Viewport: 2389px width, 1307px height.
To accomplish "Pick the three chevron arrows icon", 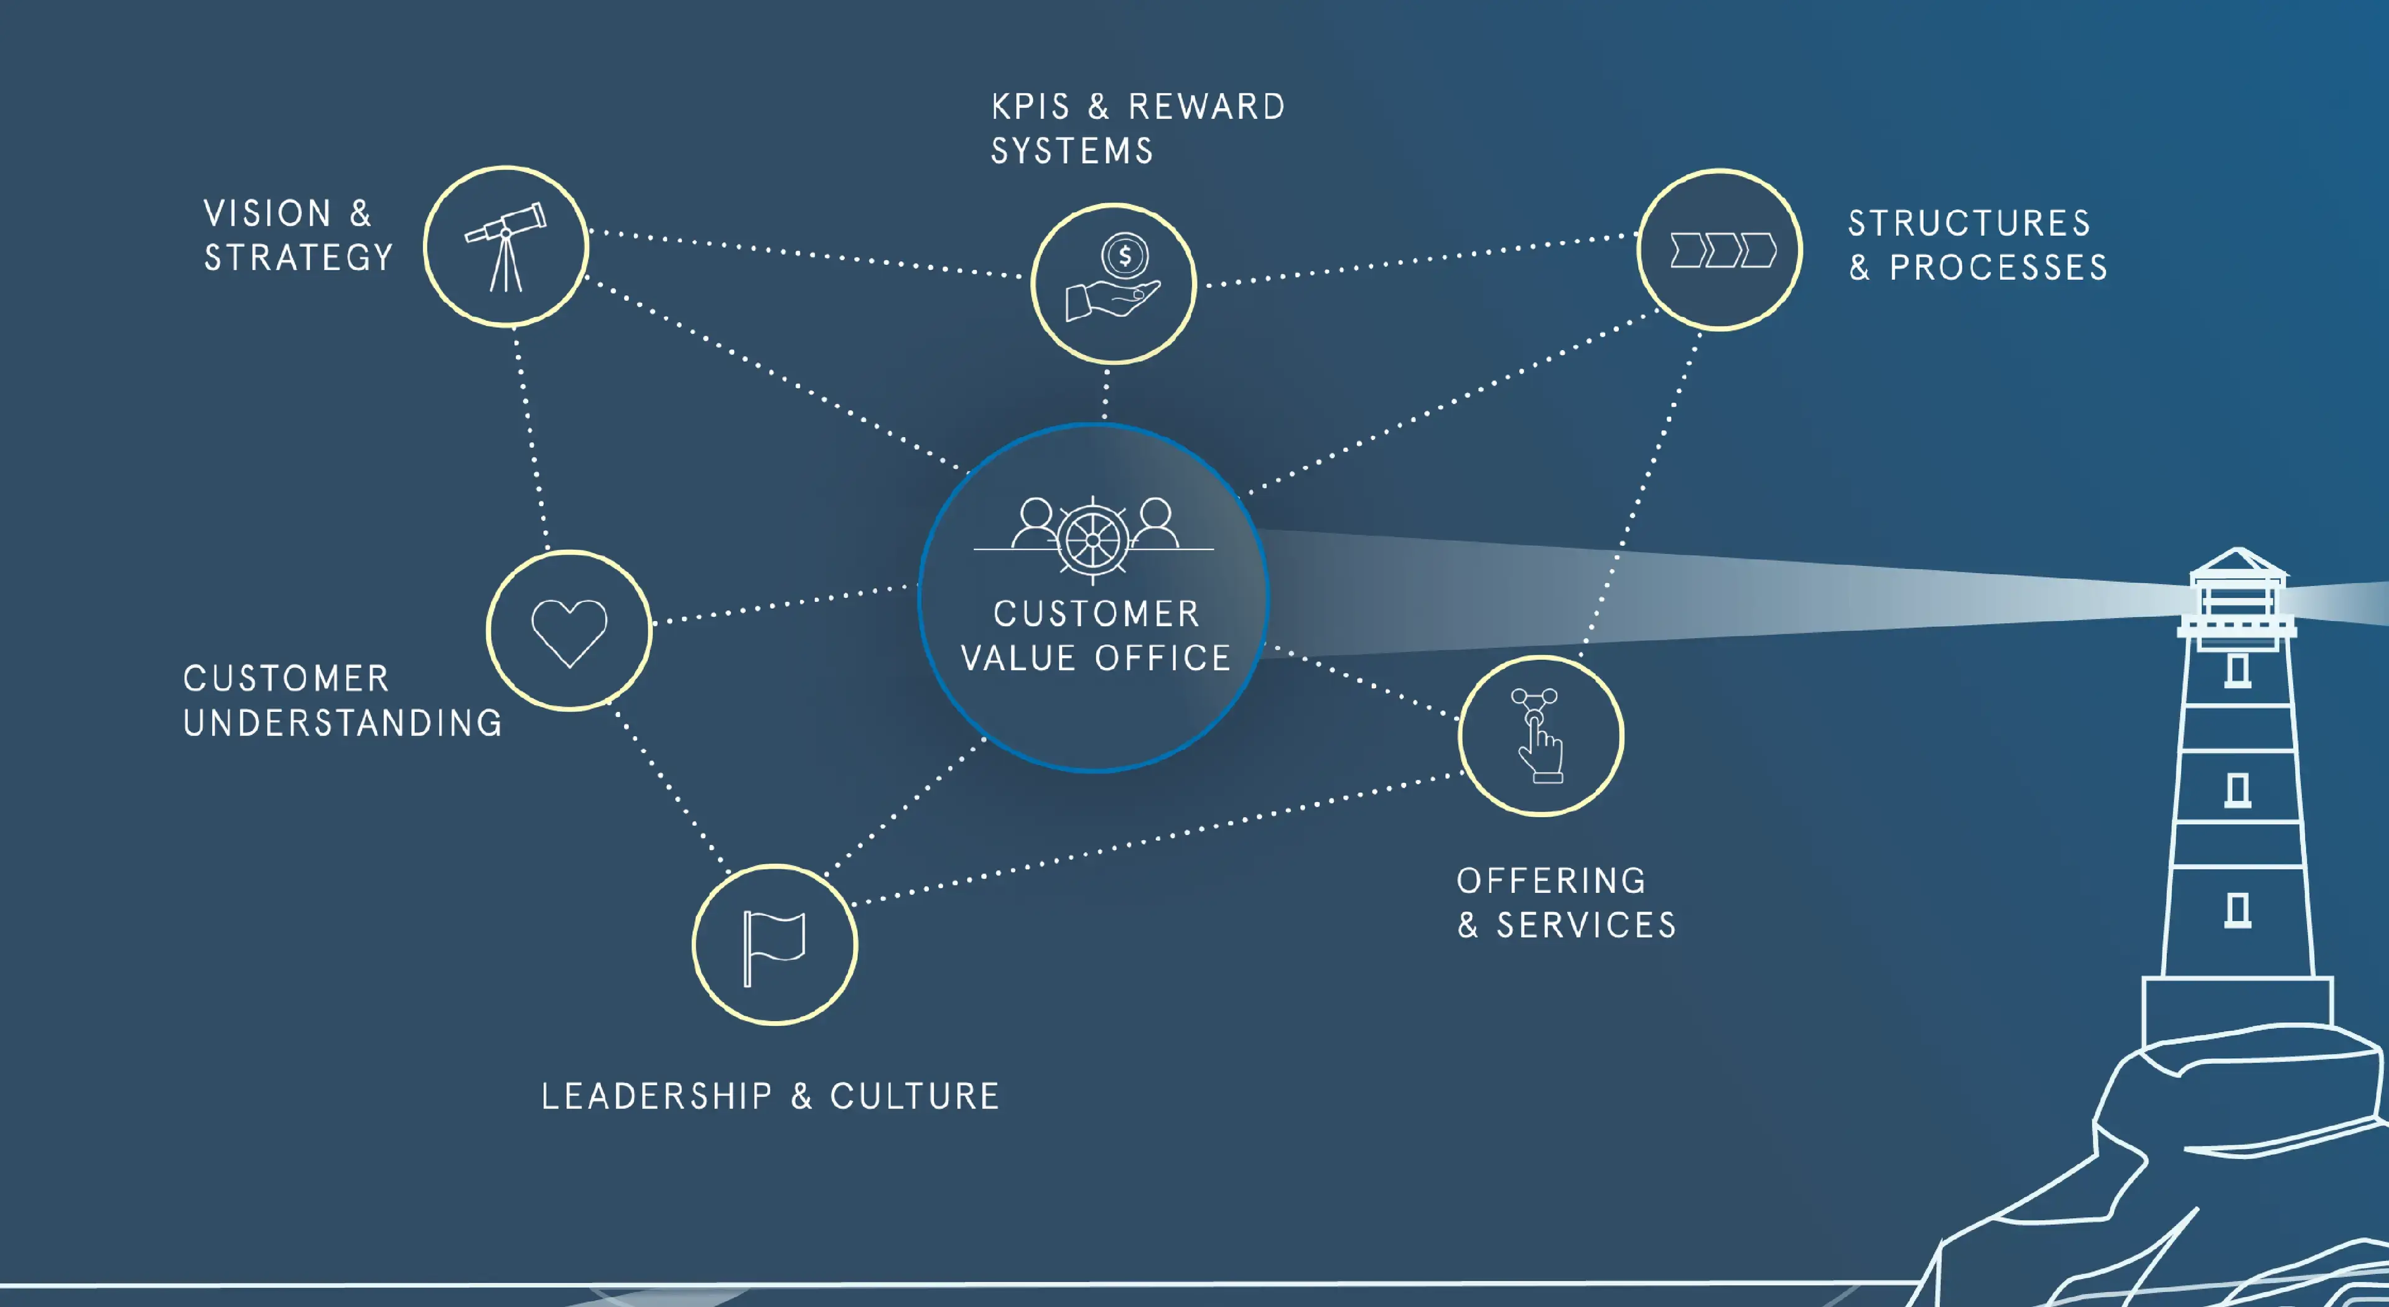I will (x=1722, y=251).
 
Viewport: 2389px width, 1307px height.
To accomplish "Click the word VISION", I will (x=268, y=214).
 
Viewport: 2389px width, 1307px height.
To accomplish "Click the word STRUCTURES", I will (x=1970, y=223).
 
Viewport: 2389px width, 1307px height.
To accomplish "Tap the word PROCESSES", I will (x=1998, y=268).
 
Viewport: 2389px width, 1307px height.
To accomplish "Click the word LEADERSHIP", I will (x=656, y=1097).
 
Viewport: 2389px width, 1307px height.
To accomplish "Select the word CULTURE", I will (x=915, y=1097).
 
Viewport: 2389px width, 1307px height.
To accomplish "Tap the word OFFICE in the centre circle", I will (x=1163, y=658).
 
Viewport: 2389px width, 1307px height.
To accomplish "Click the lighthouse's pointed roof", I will (x=2238, y=561).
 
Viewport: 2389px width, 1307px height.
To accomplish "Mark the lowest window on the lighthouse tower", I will (x=2238, y=909).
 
